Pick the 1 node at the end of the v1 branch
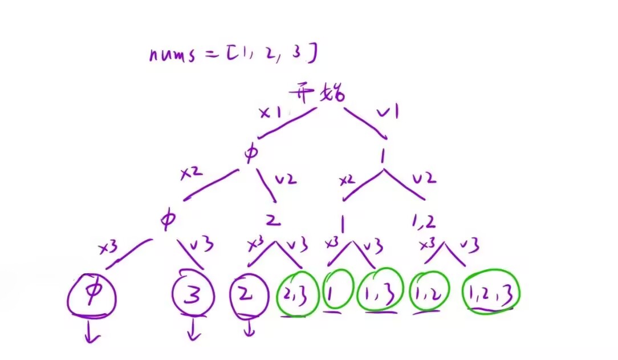point(385,156)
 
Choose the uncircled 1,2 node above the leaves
point(423,220)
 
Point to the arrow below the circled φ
point(91,333)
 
